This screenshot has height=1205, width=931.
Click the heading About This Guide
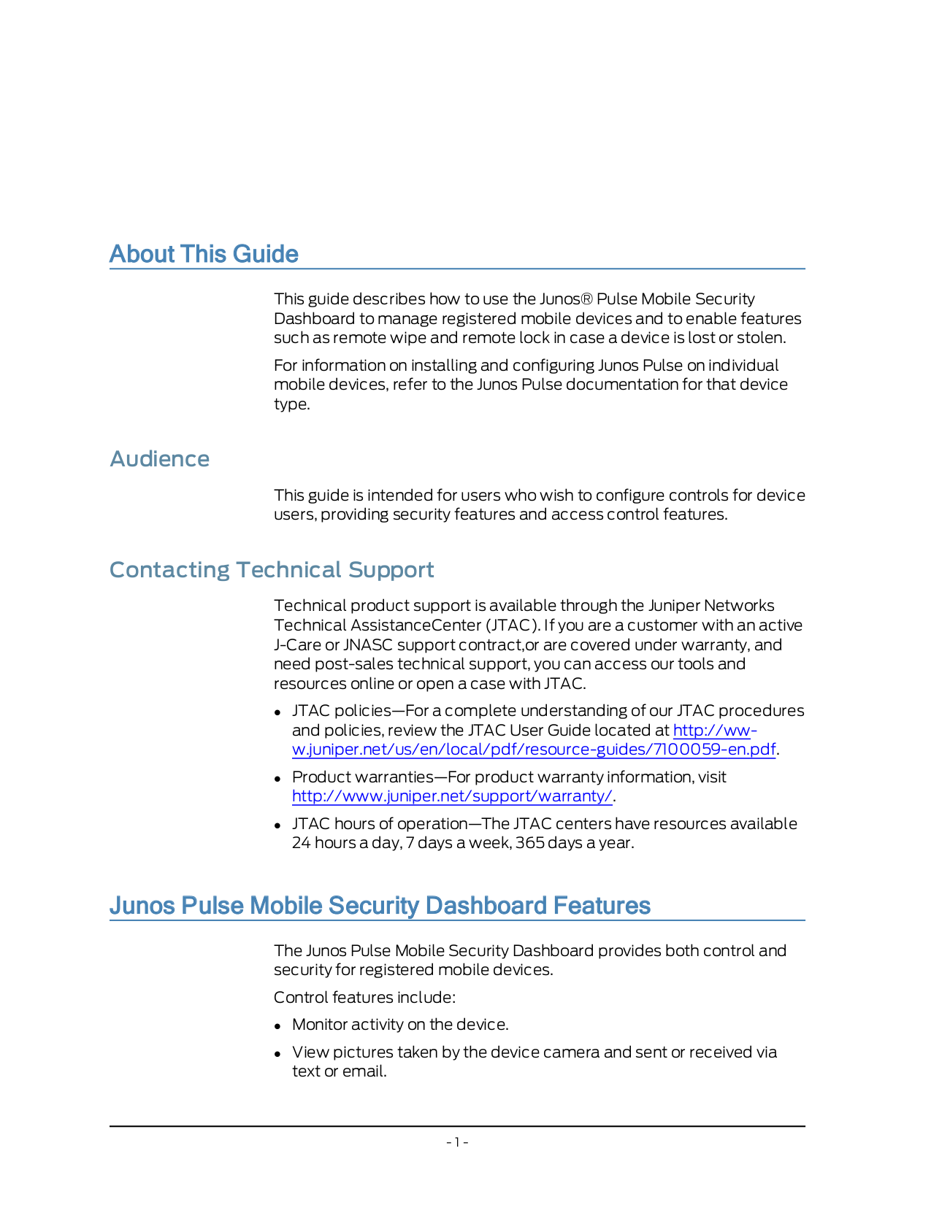[204, 254]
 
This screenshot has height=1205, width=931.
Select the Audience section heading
[159, 459]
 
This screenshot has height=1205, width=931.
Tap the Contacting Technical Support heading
[272, 570]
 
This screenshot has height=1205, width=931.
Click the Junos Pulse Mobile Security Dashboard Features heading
[380, 906]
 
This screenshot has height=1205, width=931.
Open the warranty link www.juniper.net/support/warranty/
[452, 796]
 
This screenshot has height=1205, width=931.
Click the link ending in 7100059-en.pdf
[533, 750]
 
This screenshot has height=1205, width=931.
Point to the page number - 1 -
[457, 1142]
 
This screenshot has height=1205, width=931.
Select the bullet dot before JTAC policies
[278, 712]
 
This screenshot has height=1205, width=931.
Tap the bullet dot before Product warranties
[278, 778]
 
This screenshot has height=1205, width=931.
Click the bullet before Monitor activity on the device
[278, 1025]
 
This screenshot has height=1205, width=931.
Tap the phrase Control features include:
[364, 998]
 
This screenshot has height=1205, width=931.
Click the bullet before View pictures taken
[278, 1053]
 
